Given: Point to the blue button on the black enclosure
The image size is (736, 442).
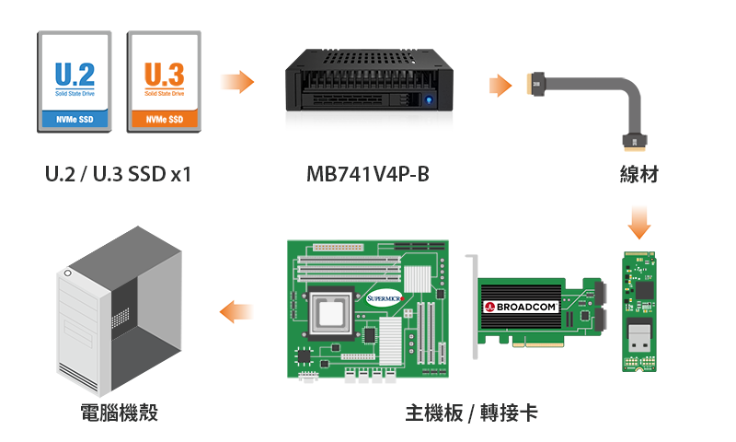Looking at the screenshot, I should pyautogui.click(x=429, y=99).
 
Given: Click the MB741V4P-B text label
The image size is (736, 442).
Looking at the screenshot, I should pyautogui.click(x=367, y=173).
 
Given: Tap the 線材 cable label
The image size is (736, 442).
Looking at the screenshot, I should pyautogui.click(x=639, y=174).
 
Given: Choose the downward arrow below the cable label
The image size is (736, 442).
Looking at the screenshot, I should pyautogui.click(x=639, y=223).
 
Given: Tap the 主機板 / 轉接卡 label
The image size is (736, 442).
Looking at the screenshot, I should pyautogui.click(x=471, y=413).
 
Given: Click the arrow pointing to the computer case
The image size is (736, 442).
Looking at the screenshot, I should pyautogui.click(x=237, y=312).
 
